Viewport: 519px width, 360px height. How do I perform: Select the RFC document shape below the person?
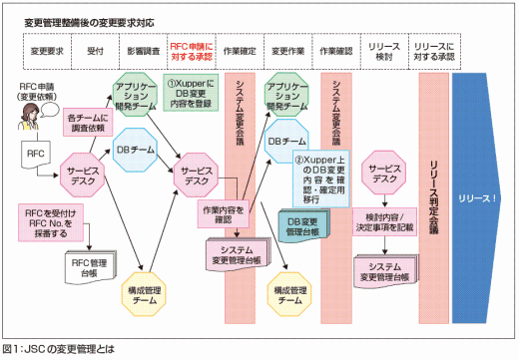(33, 155)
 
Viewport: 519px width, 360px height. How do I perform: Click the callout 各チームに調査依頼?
(88, 123)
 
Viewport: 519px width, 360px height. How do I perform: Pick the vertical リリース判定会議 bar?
(431, 199)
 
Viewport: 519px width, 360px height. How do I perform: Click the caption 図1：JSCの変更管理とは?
(60, 350)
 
